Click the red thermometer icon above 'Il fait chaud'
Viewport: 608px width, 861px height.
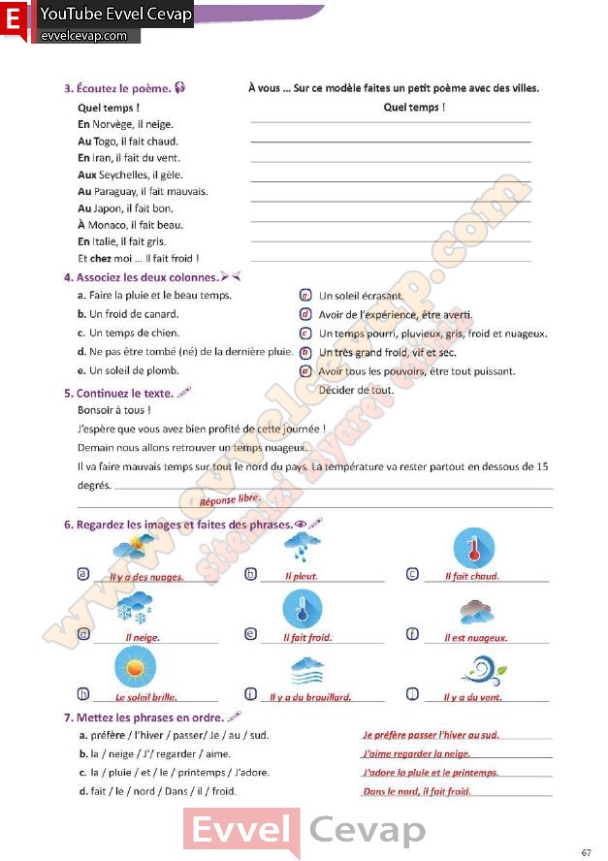pos(473,549)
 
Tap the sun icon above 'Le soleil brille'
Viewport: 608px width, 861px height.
pos(134,667)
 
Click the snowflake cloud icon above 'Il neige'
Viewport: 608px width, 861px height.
pos(133,608)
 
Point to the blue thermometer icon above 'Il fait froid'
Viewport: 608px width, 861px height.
pos(302,608)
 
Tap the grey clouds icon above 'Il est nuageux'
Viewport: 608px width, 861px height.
pos(479,610)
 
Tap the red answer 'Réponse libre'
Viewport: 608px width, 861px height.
pos(230,499)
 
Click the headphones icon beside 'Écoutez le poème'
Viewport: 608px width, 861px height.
pos(180,88)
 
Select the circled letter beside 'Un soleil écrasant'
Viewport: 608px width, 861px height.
pos(304,296)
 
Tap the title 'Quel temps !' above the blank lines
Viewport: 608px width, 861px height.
pos(414,107)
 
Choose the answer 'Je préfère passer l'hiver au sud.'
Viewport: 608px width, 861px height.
pos(431,735)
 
